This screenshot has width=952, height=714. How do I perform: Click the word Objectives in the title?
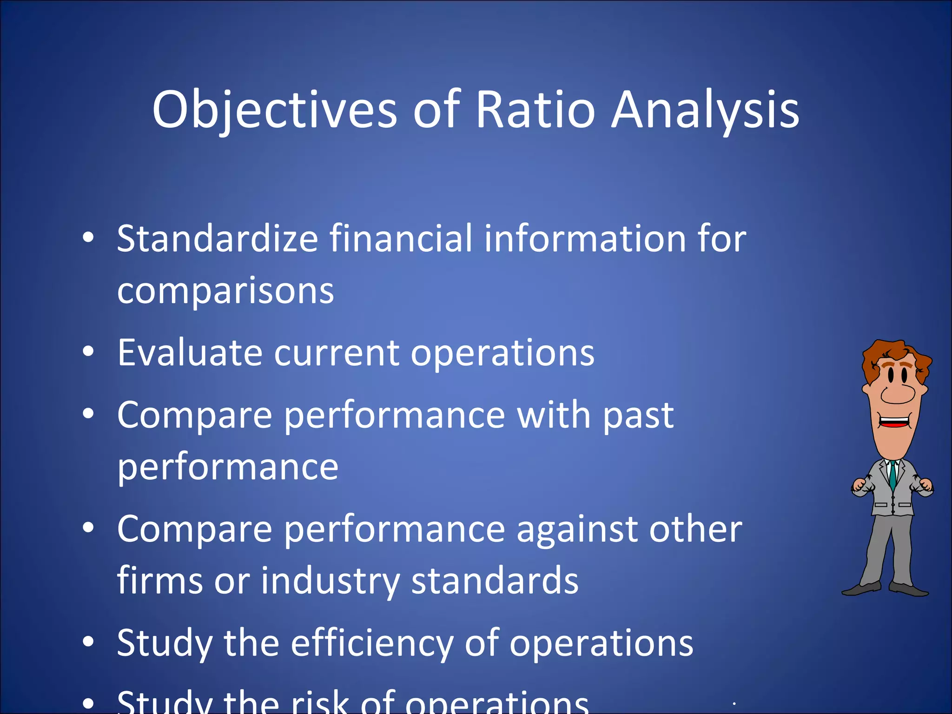pyautogui.click(x=274, y=111)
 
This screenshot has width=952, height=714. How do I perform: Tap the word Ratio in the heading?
pyautogui.click(x=535, y=110)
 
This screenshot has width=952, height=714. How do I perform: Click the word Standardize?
pyautogui.click(x=217, y=238)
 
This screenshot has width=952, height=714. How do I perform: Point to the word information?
pyautogui.click(x=583, y=238)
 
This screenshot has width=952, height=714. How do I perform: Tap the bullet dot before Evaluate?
pyautogui.click(x=88, y=351)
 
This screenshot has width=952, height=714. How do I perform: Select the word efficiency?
pyautogui.click(x=372, y=644)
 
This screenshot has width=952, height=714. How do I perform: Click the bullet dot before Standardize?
pyautogui.click(x=88, y=238)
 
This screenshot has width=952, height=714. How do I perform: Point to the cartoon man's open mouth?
pyautogui.click(x=894, y=423)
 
